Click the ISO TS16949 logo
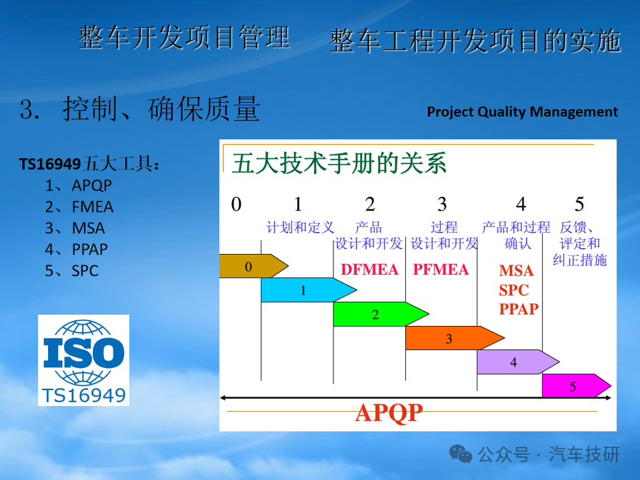click(84, 360)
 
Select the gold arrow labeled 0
click(253, 266)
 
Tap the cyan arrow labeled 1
click(309, 290)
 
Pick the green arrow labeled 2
click(381, 314)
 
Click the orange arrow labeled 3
click(455, 338)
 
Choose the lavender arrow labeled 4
click(518, 361)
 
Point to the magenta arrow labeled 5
click(576, 385)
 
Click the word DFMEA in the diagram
click(369, 269)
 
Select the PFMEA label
click(441, 269)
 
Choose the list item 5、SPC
click(72, 271)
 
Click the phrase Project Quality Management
click(523, 112)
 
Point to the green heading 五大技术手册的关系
click(339, 163)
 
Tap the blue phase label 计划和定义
click(301, 227)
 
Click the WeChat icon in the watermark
click(461, 453)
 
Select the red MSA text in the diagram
click(516, 271)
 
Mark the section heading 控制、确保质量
click(161, 109)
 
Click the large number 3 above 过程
click(442, 204)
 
